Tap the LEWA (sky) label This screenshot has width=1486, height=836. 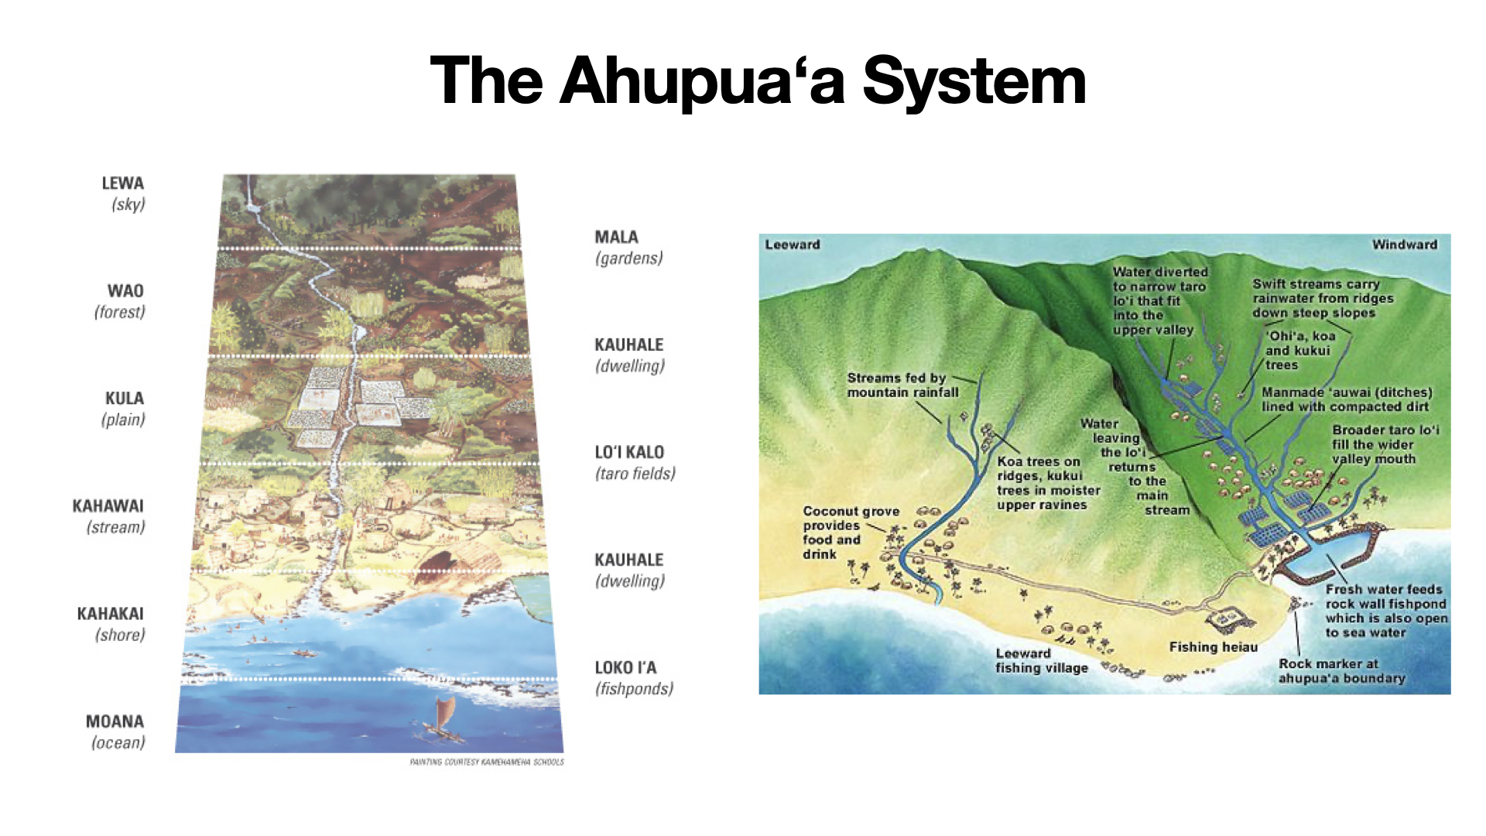pyautogui.click(x=123, y=194)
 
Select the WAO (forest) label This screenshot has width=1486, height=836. pyautogui.click(x=120, y=301)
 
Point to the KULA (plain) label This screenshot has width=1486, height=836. pyautogui.click(x=124, y=409)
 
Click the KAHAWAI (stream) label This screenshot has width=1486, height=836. pyautogui.click(x=109, y=516)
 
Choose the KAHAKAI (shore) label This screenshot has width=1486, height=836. pyautogui.click(x=111, y=624)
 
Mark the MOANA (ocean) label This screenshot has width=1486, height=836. pyautogui.click(x=116, y=731)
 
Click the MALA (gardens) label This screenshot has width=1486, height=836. pyautogui.click(x=628, y=248)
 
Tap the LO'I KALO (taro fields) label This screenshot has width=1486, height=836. pyautogui.click(x=635, y=463)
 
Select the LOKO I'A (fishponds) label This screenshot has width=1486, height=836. pyautogui.click(x=634, y=678)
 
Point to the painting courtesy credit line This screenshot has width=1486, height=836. pyautogui.click(x=487, y=762)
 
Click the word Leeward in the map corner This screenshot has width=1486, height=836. pyautogui.click(x=793, y=245)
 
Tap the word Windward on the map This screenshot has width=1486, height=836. pyautogui.click(x=1404, y=245)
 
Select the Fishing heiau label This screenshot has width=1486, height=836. pyautogui.click(x=1213, y=647)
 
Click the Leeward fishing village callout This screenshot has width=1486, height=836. pyautogui.click(x=1041, y=660)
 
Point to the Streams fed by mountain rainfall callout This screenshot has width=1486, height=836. pyautogui.click(x=902, y=385)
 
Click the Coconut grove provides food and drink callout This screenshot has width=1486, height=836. pyautogui.click(x=850, y=533)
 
